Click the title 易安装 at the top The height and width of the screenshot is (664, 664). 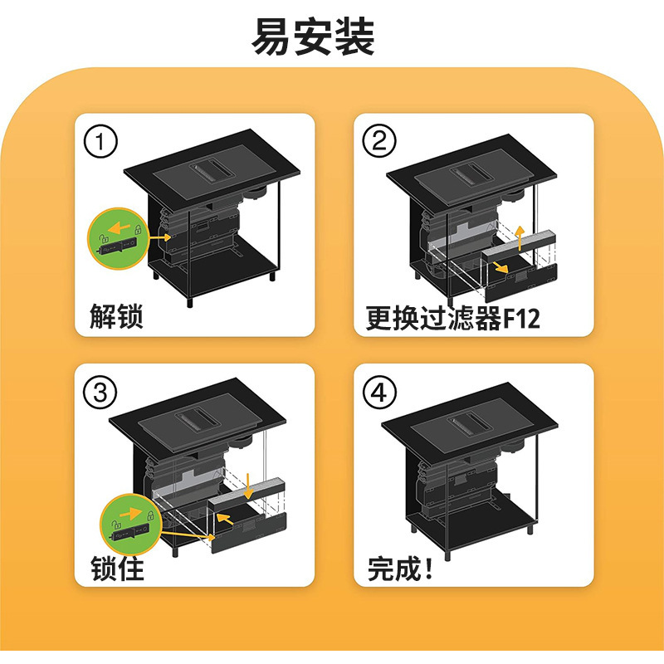click(x=315, y=37)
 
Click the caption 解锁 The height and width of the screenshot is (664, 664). click(x=116, y=316)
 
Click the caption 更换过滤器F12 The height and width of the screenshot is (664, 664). click(x=453, y=317)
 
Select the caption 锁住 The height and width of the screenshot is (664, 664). click(x=116, y=568)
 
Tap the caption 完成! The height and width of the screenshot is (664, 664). click(x=401, y=568)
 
